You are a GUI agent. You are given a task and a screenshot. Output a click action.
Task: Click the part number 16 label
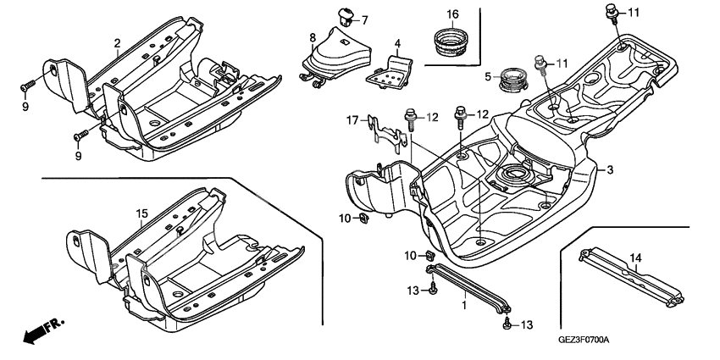[x=452, y=14]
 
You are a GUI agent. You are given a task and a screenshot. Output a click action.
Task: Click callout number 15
[x=142, y=212]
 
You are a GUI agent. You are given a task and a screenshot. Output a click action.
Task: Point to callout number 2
[x=118, y=42]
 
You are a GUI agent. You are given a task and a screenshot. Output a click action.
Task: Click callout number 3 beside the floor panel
[x=608, y=170]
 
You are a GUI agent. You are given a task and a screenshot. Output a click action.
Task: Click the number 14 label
[x=635, y=258]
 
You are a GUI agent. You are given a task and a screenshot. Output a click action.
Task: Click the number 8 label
[x=313, y=37]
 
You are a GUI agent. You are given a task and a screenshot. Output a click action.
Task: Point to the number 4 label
[x=397, y=42]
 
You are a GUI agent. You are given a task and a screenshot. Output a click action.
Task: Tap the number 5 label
[x=487, y=76]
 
